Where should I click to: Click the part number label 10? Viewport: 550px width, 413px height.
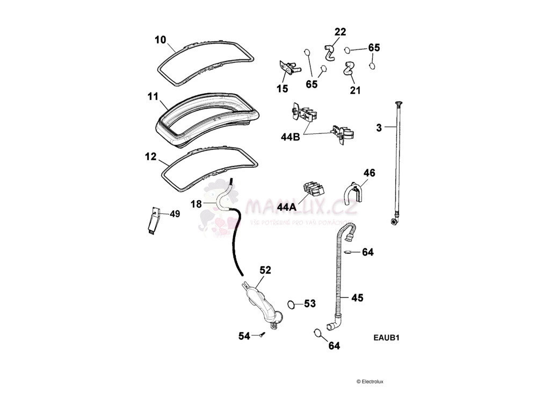[161, 40]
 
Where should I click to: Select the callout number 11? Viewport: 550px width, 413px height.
[153, 97]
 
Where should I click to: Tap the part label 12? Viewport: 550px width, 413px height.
[150, 157]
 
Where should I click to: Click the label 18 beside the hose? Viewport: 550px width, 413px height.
[196, 204]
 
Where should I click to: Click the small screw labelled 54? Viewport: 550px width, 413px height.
[262, 335]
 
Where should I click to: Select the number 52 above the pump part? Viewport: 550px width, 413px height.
[265, 270]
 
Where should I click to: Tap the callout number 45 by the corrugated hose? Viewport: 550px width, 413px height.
[357, 297]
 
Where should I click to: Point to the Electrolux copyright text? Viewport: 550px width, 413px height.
[370, 382]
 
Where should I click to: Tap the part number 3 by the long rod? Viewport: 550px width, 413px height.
[379, 127]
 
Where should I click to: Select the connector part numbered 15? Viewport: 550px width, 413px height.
[288, 68]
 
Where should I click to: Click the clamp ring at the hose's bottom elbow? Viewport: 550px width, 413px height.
[319, 333]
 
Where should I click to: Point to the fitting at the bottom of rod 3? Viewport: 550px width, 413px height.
[395, 221]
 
